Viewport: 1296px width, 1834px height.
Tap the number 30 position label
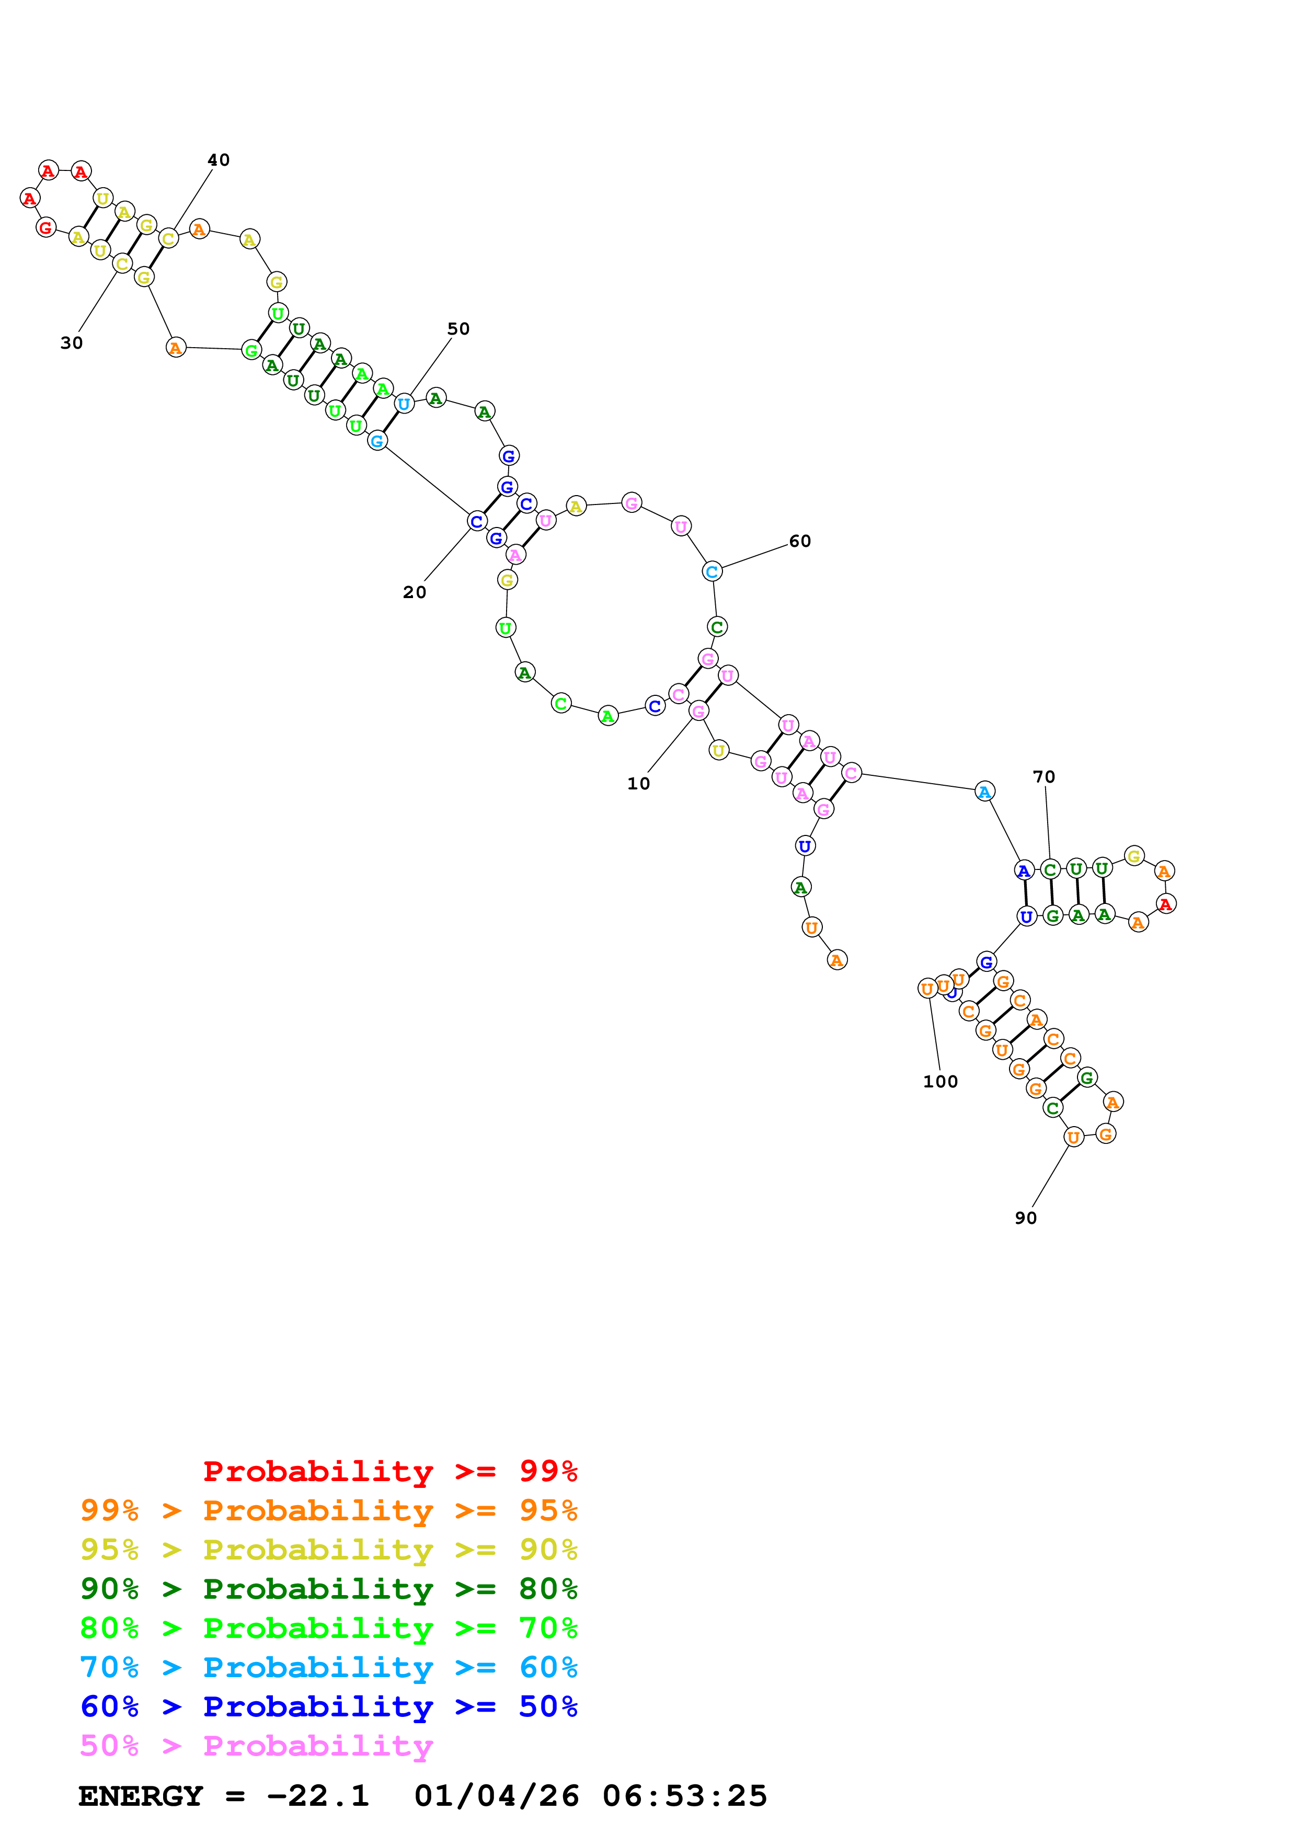(x=71, y=342)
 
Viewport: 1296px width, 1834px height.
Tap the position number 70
(x=1043, y=776)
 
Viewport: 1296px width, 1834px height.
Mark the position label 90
(x=1025, y=1217)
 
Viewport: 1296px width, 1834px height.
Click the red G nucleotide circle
(x=45, y=227)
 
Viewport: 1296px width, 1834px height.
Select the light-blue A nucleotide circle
(x=984, y=792)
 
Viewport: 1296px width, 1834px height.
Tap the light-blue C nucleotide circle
(x=712, y=571)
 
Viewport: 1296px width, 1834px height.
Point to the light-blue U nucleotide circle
(x=404, y=404)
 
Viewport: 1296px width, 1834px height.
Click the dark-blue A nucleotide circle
(x=1023, y=870)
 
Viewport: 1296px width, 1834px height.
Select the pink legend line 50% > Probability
(x=256, y=1745)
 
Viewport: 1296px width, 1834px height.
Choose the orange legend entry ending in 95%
(x=328, y=1510)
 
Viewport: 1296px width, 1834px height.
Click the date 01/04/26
(x=496, y=1796)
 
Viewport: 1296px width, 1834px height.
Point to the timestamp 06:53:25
(x=684, y=1796)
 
